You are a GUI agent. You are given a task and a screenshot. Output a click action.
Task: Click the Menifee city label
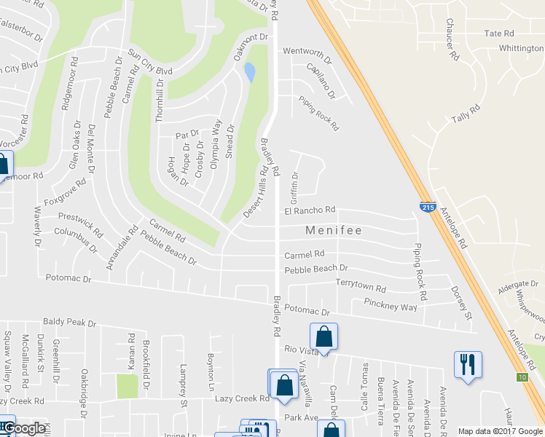333,230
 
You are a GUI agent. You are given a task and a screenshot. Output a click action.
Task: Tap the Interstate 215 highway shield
428,208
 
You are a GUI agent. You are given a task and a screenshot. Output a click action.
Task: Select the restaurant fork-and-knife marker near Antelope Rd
467,364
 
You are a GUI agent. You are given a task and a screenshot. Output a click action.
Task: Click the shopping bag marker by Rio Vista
324,337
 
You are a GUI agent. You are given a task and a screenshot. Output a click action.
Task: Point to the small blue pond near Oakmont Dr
251,71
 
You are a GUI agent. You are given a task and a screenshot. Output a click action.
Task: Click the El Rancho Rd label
310,210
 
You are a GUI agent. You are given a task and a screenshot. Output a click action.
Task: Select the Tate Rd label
499,34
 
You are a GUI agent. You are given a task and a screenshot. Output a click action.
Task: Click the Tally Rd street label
466,114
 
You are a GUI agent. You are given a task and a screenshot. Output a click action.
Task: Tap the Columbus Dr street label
76,238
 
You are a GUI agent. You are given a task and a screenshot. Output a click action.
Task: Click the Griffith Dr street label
295,187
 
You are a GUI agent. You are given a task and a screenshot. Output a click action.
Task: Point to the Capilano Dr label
321,81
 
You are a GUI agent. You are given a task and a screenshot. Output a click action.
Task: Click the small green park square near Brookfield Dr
127,386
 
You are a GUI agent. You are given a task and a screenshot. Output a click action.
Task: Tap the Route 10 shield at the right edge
522,377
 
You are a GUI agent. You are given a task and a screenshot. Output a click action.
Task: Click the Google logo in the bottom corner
24,428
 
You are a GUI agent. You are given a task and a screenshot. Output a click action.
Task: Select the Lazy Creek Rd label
242,398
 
